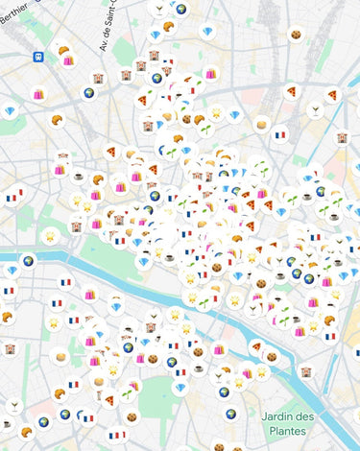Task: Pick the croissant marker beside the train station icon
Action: (x=63, y=50)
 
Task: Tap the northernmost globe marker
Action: (x=180, y=10)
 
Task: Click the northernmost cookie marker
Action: (x=297, y=36)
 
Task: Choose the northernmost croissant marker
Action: (x=168, y=26)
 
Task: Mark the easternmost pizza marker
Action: (x=332, y=96)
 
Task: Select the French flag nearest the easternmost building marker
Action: (x=280, y=135)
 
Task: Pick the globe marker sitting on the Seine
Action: (x=29, y=260)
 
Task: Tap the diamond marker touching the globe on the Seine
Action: (x=12, y=271)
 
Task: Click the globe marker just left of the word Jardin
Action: (x=230, y=414)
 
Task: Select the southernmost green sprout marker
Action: (x=125, y=393)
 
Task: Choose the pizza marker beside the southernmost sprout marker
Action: (x=108, y=399)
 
